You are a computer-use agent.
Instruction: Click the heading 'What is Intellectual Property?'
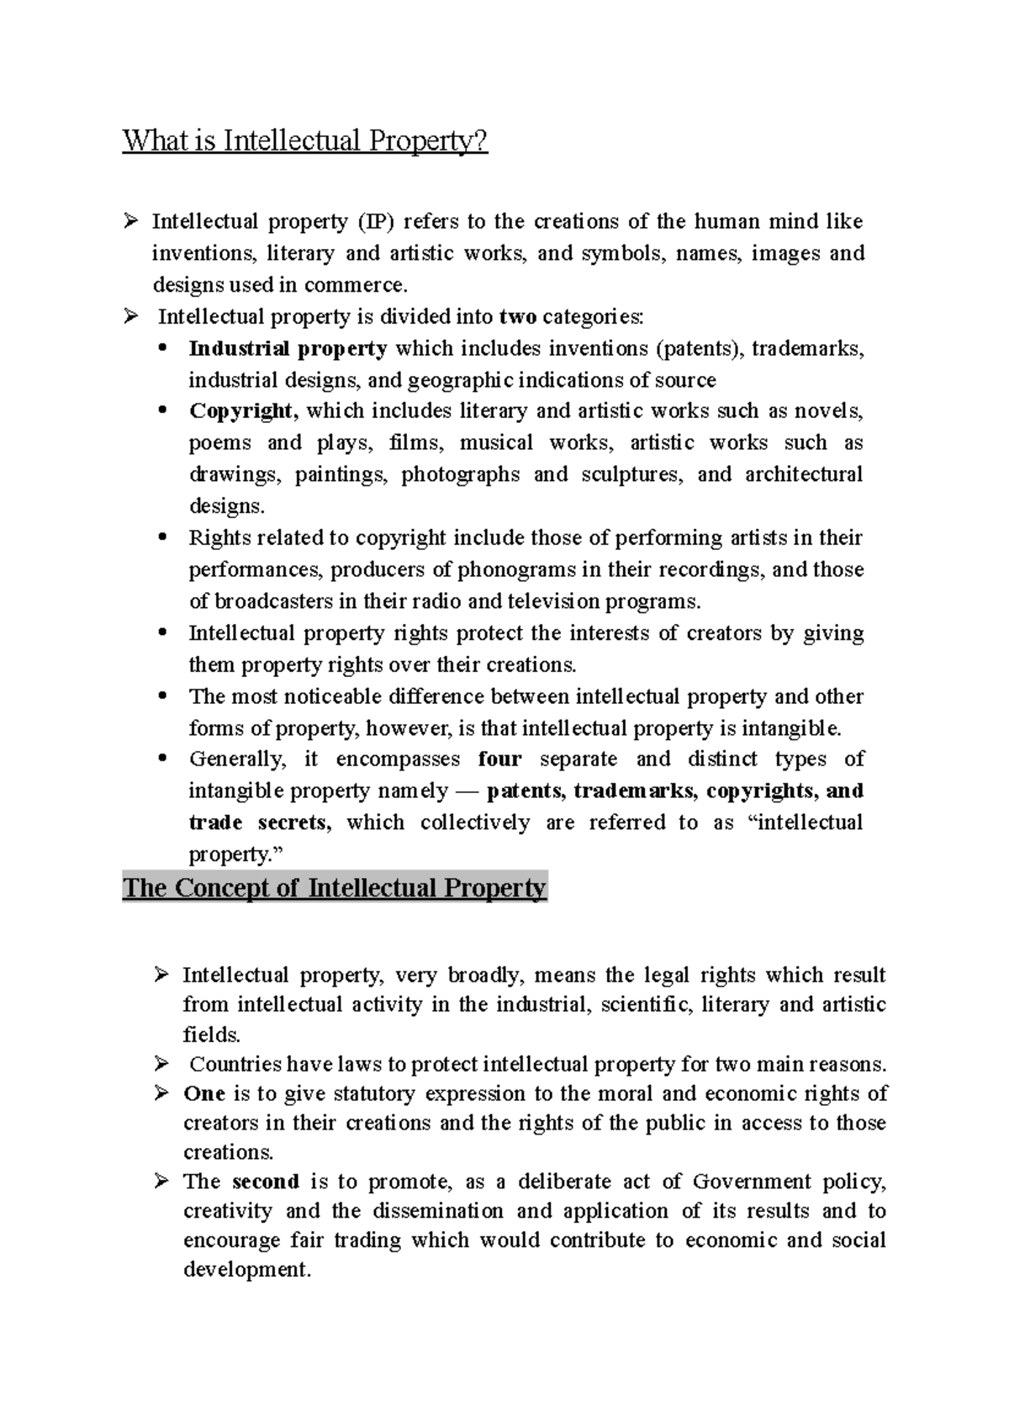[x=304, y=140]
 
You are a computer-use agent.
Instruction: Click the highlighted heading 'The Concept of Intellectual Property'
[x=334, y=888]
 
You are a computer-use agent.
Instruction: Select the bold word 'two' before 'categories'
[x=517, y=317]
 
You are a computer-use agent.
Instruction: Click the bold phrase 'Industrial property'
[x=288, y=348]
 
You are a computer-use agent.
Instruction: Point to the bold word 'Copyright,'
[x=243, y=411]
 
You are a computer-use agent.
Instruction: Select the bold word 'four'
[x=499, y=759]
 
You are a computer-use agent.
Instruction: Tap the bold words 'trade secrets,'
[x=260, y=822]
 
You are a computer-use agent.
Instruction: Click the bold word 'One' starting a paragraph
[x=204, y=1093]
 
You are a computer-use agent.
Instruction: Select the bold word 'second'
[x=266, y=1182]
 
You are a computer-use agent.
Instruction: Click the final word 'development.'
[x=247, y=1270]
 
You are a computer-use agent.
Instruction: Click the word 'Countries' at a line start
[x=235, y=1065]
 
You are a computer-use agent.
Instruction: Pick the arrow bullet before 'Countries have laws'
[x=162, y=1064]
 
